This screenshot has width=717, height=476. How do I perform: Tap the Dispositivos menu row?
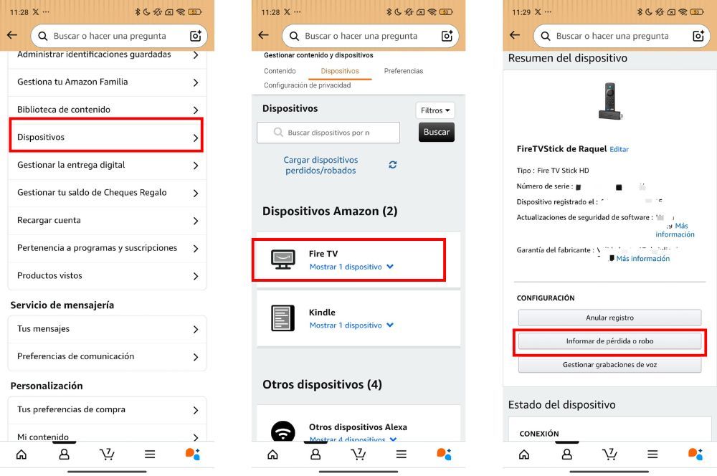pyautogui.click(x=106, y=137)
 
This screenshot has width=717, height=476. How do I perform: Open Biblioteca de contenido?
pyautogui.click(x=106, y=110)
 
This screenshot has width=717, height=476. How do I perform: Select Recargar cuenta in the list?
pyautogui.click(x=106, y=220)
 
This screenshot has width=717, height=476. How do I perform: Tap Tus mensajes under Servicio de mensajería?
pyautogui.click(x=106, y=329)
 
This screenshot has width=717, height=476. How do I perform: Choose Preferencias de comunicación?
pyautogui.click(x=106, y=356)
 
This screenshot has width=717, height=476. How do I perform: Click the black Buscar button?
pyautogui.click(x=436, y=132)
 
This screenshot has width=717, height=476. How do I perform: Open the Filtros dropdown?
pyautogui.click(x=435, y=110)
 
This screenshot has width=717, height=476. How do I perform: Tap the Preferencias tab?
pyautogui.click(x=404, y=71)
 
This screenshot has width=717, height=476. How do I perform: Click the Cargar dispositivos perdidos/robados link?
pyautogui.click(x=320, y=166)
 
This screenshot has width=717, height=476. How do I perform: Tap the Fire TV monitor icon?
pyautogui.click(x=282, y=260)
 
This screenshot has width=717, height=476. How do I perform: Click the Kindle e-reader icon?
pyautogui.click(x=282, y=318)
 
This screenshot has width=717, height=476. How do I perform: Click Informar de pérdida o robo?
pyautogui.click(x=609, y=341)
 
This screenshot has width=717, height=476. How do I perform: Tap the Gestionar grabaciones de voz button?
pyautogui.click(x=609, y=365)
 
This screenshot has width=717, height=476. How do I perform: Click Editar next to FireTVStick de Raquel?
pyautogui.click(x=619, y=149)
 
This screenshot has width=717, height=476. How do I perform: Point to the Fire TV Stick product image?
pyautogui.click(x=609, y=101)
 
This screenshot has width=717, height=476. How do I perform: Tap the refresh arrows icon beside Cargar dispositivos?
pyautogui.click(x=393, y=165)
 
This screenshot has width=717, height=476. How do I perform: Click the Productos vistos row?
pyautogui.click(x=106, y=276)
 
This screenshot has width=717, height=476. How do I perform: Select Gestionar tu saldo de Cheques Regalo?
pyautogui.click(x=106, y=192)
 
